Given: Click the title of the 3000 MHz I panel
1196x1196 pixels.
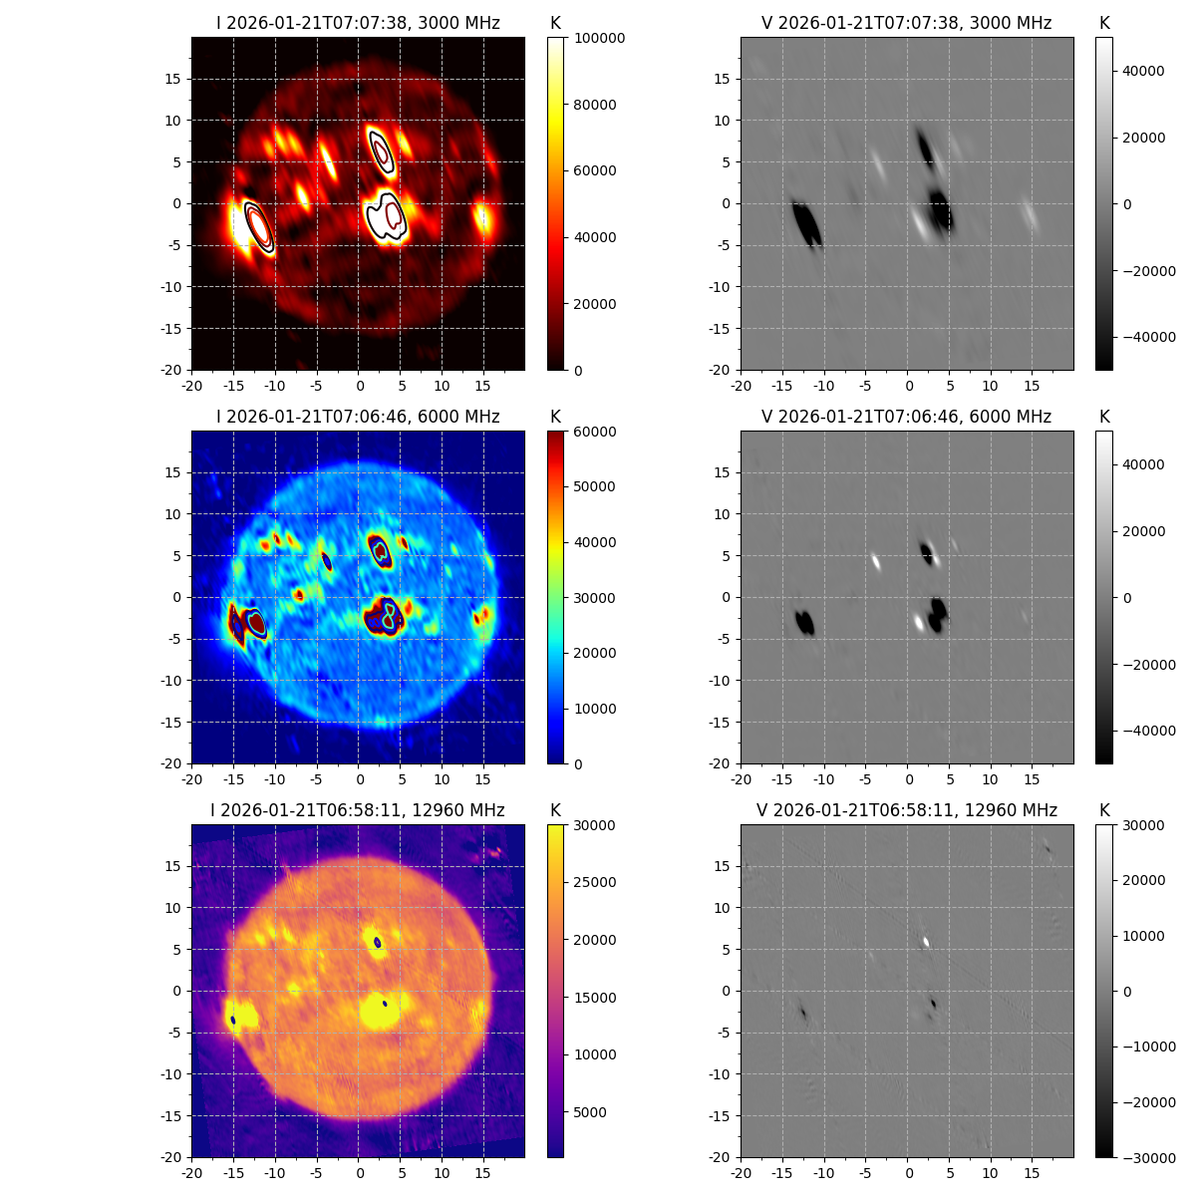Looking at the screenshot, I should coord(358,23).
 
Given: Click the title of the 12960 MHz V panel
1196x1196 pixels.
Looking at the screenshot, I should coord(907,810).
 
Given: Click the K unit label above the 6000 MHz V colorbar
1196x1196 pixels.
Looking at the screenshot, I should coord(1104,417).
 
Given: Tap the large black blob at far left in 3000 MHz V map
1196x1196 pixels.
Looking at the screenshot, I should coord(807,223).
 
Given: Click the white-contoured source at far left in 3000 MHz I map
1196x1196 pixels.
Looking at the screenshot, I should coord(259,226).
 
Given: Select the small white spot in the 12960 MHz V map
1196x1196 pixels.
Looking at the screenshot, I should coord(926,941).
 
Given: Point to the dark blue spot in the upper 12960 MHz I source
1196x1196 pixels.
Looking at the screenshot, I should coord(377,942).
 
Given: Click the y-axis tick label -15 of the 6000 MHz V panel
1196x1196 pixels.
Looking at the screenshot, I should coord(722,722).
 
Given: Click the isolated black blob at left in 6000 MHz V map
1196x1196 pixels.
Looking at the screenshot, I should coord(805,623).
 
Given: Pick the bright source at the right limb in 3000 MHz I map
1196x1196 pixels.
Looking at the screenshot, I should coord(483,217).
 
